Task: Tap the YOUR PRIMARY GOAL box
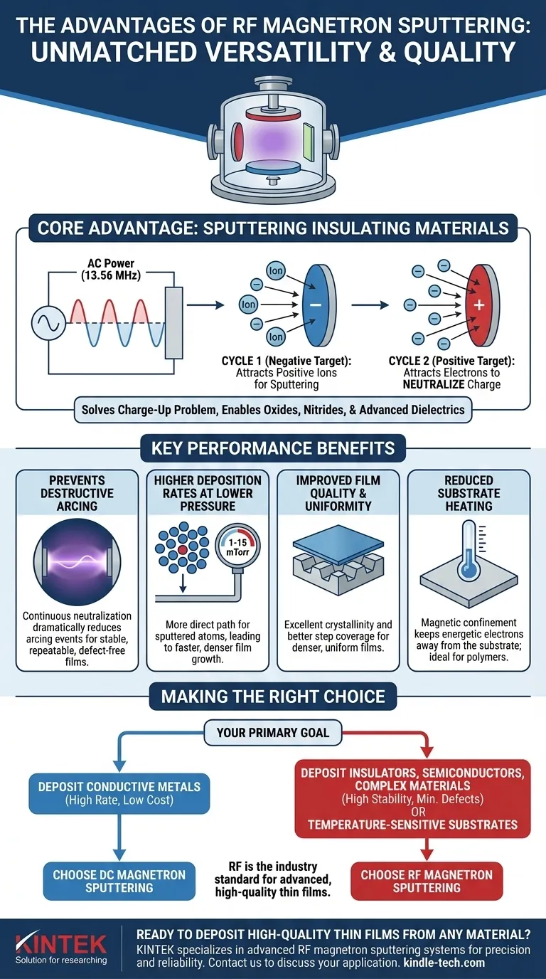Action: coord(273,732)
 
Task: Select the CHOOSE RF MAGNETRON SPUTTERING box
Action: coord(427,882)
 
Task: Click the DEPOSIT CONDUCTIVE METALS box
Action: coord(119,793)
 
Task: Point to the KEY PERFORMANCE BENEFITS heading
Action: coord(273,449)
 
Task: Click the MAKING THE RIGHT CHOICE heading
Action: coord(273,696)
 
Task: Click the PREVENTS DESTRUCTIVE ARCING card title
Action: coord(77,493)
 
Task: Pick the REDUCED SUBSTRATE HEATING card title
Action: coord(469,493)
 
